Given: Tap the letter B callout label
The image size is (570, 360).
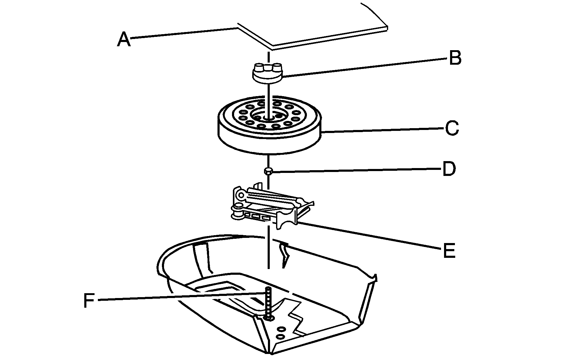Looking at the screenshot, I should pos(455,58).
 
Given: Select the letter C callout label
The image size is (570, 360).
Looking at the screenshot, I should pos(452,128).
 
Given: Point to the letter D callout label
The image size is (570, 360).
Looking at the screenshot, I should pos(449,169).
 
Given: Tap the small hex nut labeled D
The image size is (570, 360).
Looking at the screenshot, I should pos(268,171).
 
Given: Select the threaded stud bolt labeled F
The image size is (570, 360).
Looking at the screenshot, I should pos(268,302).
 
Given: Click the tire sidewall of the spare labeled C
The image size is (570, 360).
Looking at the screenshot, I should pos(269,142).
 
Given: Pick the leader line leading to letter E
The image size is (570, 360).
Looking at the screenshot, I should pos(369,236).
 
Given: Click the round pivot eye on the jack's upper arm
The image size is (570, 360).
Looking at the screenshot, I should pos(241,195).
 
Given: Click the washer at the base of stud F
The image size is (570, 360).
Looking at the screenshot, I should pos(268,318).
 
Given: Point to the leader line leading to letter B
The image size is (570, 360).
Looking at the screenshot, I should pos(362,68).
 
